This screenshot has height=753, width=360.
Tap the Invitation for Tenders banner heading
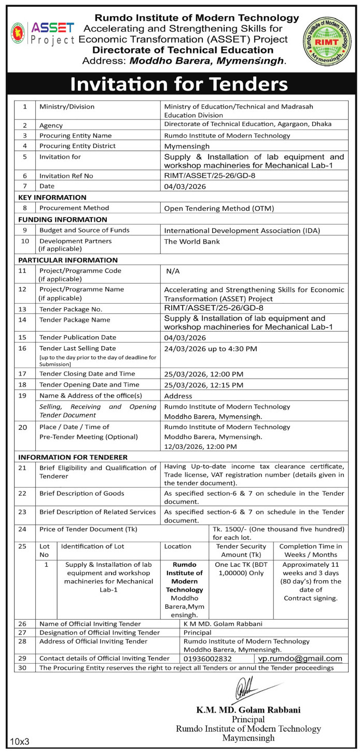tap(179, 84)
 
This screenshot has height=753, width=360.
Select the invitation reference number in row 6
tap(210, 175)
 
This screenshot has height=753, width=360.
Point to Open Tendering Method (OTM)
tap(218, 209)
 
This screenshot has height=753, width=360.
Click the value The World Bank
tap(192, 241)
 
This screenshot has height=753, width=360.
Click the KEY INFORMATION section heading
tap(52, 197)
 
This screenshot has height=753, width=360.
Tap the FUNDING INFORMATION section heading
tap(63, 220)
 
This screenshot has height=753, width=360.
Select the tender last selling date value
tap(211, 349)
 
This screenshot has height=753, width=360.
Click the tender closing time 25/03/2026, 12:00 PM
tap(204, 374)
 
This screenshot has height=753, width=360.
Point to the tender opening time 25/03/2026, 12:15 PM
tap(204, 385)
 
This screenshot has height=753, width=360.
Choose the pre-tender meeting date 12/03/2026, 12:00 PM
tap(200, 446)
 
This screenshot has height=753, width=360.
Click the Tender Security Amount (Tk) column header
tap(241, 550)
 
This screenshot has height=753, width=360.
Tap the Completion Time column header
tap(311, 550)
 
